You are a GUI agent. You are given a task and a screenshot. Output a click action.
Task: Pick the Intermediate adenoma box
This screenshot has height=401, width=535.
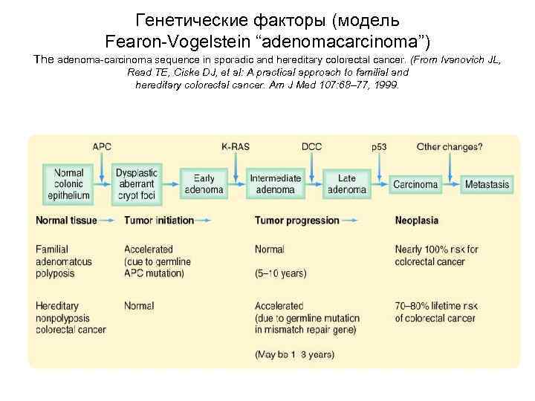(276, 183)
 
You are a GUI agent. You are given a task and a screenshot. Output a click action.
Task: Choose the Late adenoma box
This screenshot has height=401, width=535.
(347, 183)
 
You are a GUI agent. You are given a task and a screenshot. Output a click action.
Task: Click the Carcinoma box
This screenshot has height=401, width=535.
(415, 184)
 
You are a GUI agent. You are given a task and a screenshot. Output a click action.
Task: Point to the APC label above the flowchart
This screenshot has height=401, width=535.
(102, 147)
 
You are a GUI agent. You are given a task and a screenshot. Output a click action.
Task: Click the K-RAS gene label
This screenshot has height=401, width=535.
(236, 147)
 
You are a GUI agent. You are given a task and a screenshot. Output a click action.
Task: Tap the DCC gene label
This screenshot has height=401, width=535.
(311, 147)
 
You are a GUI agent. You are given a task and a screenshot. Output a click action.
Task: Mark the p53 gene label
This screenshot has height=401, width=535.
(379, 147)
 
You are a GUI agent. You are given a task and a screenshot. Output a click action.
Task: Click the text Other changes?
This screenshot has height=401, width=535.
(450, 147)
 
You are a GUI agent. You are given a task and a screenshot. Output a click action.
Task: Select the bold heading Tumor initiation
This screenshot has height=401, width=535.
(159, 221)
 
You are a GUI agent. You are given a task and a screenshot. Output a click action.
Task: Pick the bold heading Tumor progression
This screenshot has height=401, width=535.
(296, 221)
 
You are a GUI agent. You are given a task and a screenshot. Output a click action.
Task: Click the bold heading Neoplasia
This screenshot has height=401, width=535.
(416, 221)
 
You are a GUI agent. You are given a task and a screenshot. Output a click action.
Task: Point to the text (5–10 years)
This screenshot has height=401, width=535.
(280, 273)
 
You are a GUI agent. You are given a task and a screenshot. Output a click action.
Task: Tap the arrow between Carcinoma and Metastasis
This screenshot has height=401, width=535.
(450, 184)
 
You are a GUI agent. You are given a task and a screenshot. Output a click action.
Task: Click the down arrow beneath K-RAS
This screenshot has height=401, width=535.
(236, 165)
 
